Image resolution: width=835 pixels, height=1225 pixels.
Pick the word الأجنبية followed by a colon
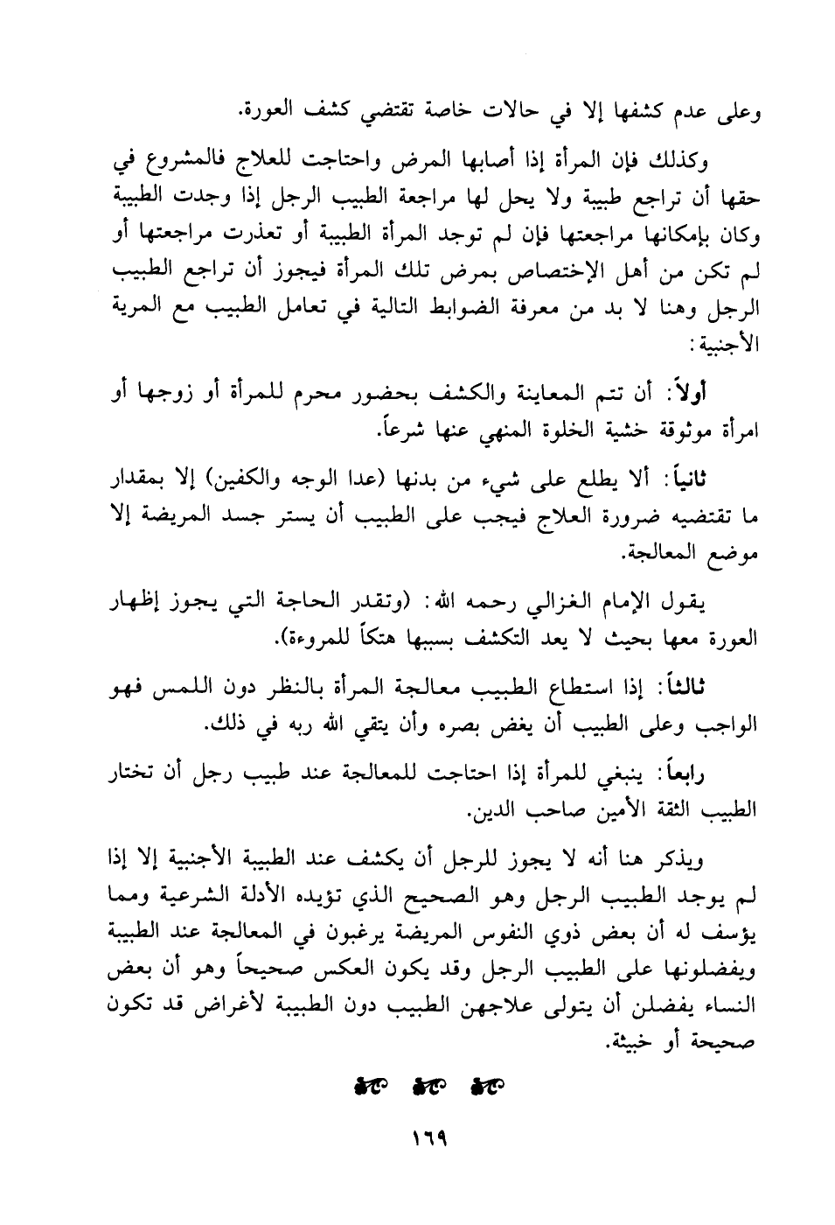[x=728, y=346]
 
